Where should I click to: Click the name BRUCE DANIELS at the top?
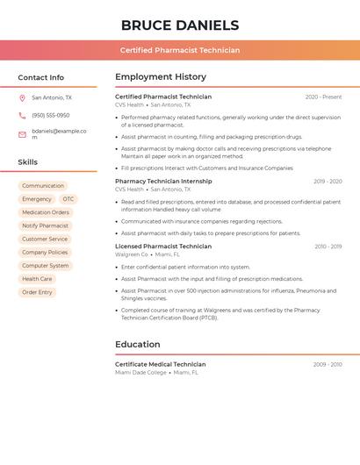pyautogui.click(x=180, y=25)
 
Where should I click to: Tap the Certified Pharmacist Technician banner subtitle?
pyautogui.click(x=180, y=50)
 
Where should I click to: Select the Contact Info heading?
pyautogui.click(x=40, y=77)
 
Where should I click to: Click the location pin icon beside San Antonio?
pyautogui.click(x=22, y=98)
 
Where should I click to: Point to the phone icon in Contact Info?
pyautogui.click(x=22, y=116)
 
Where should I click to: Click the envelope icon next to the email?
pyautogui.click(x=22, y=134)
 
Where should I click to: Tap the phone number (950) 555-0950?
pyautogui.click(x=51, y=116)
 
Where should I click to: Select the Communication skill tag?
pyautogui.click(x=43, y=186)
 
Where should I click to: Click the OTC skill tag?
pyautogui.click(x=68, y=199)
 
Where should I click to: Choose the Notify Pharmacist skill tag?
pyautogui.click(x=46, y=225)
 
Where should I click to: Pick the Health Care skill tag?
pyautogui.click(x=37, y=279)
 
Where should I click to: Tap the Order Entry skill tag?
pyautogui.click(x=37, y=292)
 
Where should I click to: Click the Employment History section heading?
pyautogui.click(x=161, y=77)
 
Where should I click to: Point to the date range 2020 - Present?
pyautogui.click(x=323, y=97)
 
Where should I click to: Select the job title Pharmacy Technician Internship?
pyautogui.click(x=163, y=182)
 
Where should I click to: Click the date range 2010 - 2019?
pyautogui.click(x=328, y=247)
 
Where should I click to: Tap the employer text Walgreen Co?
pyautogui.click(x=132, y=254)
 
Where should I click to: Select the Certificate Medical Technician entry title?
pyautogui.click(x=160, y=364)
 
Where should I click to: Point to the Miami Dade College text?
pyautogui.click(x=140, y=372)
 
